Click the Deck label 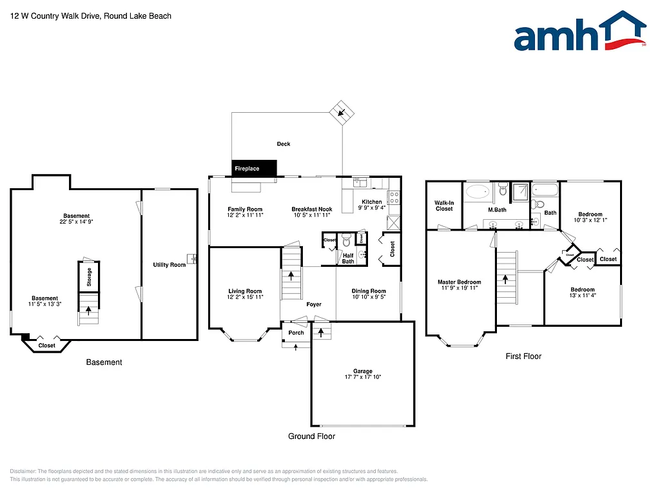tap(284, 144)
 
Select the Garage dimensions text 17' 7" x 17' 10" tap(362, 377)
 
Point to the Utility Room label tap(169, 265)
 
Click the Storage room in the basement tap(89, 277)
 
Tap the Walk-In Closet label tap(444, 206)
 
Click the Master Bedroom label tap(459, 282)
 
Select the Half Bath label tap(348, 258)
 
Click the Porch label tap(296, 333)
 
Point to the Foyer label tap(313, 304)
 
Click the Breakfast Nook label tap(312, 209)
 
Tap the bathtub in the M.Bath tap(478, 191)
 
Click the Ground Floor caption tap(311, 436)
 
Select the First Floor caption tap(523, 356)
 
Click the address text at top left tap(91, 15)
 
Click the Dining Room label tap(369, 291)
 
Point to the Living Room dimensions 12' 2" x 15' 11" tap(245, 297)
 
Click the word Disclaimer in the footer tap(24, 471)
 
